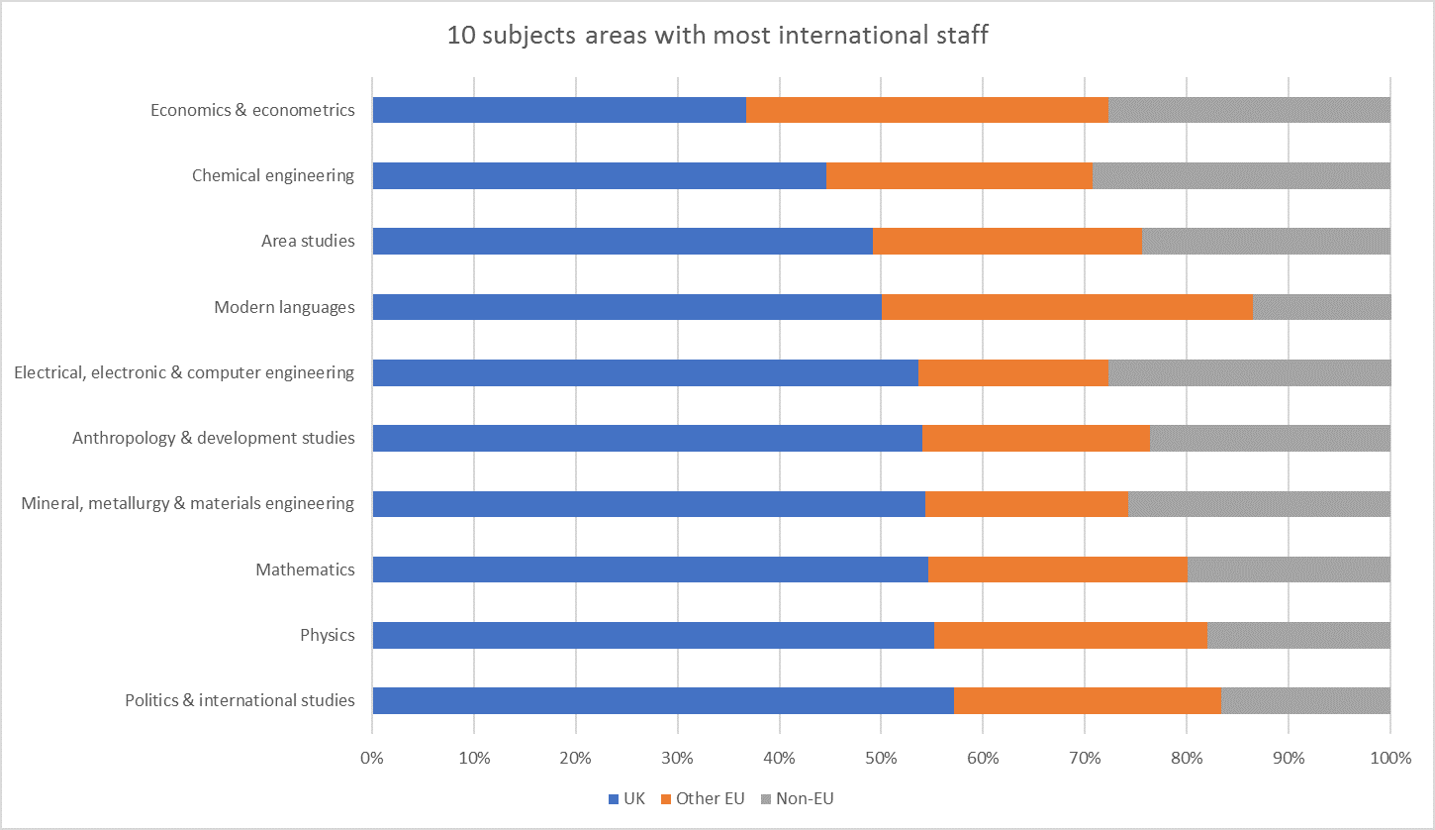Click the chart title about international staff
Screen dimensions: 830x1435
[x=717, y=37]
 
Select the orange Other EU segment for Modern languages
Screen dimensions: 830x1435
[x=1067, y=307]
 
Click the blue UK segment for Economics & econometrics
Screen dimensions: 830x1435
[x=559, y=110]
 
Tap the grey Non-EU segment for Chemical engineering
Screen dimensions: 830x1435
[x=1241, y=176]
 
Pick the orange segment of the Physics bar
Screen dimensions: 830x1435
[x=1071, y=636]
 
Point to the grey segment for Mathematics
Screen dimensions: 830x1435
[x=1289, y=570]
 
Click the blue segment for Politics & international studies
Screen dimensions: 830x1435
[x=663, y=701]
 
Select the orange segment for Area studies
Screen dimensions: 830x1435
[x=1007, y=242]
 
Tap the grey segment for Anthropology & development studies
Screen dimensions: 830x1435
[x=1270, y=439]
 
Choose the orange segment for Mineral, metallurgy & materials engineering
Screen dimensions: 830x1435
[x=1026, y=504]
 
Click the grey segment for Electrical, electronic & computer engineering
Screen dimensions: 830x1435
[x=1249, y=373]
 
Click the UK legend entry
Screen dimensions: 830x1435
[x=627, y=798]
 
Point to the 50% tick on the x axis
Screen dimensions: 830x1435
[x=881, y=759]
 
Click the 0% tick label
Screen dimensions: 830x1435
[x=372, y=759]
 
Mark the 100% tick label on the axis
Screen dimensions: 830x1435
[x=1389, y=759]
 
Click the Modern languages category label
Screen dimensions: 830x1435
[x=284, y=307]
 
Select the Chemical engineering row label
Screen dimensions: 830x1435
[x=273, y=176]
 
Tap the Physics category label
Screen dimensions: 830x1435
[x=328, y=636]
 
